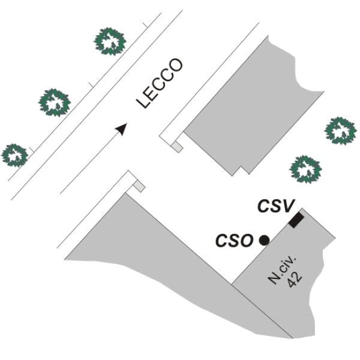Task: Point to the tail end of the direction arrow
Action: coord(62,192)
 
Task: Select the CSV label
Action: coord(275,206)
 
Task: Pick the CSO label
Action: coord(234,241)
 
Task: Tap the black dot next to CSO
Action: coord(264,240)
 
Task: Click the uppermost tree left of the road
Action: coord(111,41)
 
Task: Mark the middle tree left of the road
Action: coord(55,101)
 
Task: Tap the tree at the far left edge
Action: coord(14,154)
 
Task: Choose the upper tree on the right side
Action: coord(340,131)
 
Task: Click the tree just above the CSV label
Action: coord(306,169)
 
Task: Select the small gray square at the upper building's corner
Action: coord(176,146)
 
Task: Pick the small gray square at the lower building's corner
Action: coord(139,187)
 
